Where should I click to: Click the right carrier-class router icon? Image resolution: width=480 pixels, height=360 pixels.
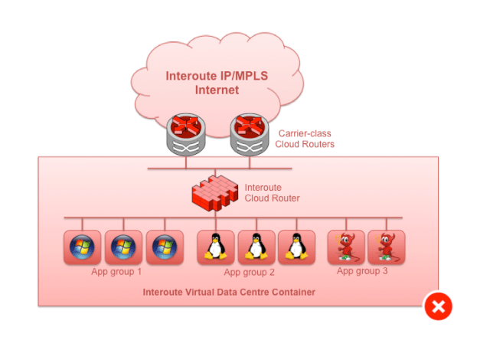250,136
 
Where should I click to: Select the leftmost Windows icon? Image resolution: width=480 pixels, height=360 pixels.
81,247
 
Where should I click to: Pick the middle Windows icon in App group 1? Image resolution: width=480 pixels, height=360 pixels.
122,247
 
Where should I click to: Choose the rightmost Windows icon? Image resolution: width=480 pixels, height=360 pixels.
164,247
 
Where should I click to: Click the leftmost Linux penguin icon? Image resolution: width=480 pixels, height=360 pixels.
216,247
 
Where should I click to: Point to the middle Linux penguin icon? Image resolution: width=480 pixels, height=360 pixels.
256,247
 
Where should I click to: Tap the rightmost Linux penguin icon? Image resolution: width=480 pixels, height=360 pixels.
296,247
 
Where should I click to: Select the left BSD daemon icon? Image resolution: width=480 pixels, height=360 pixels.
346,247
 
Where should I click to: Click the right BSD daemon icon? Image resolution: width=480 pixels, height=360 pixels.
386,247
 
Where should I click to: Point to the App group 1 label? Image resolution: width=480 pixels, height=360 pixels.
116,271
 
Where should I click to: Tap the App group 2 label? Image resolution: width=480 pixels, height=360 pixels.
250,272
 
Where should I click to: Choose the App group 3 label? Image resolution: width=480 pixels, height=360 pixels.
363,270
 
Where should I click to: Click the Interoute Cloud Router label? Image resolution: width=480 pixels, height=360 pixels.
272,192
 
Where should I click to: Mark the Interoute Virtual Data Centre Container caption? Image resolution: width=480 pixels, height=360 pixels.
229,293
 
